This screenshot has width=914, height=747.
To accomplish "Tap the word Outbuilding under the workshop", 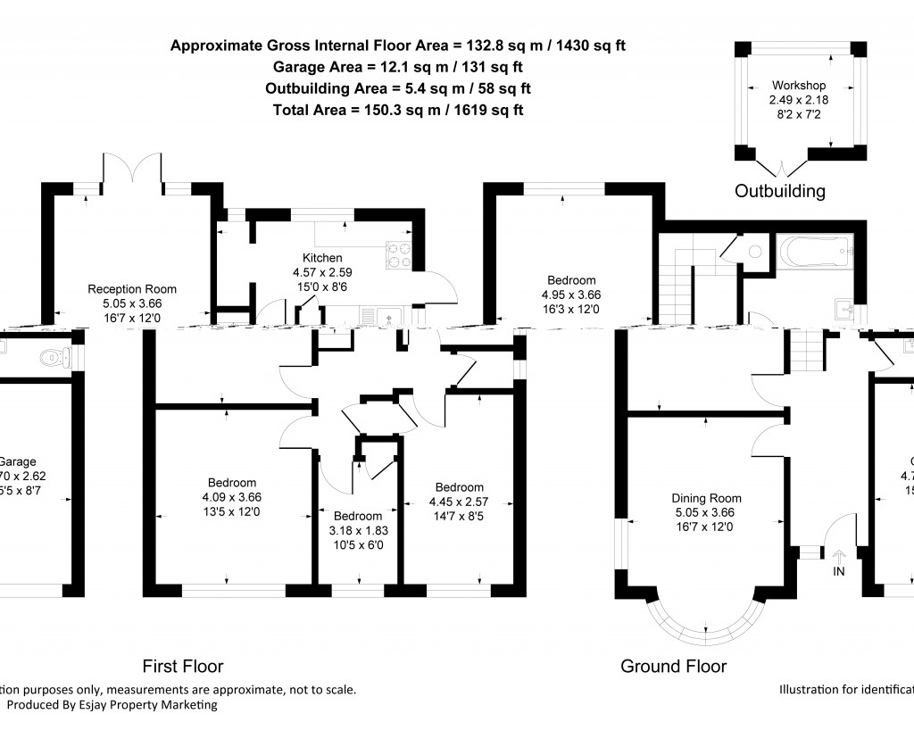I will pos(779,191).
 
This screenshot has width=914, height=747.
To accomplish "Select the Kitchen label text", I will pos(322,258).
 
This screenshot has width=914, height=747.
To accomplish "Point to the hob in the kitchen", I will pos(398,256).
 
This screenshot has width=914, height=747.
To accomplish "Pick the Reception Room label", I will pos(131,289).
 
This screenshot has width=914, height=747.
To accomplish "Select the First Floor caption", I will pos(183,667).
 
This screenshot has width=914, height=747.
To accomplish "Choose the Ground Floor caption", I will pos(673,667).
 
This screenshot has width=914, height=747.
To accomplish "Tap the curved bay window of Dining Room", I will pos(705,624).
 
